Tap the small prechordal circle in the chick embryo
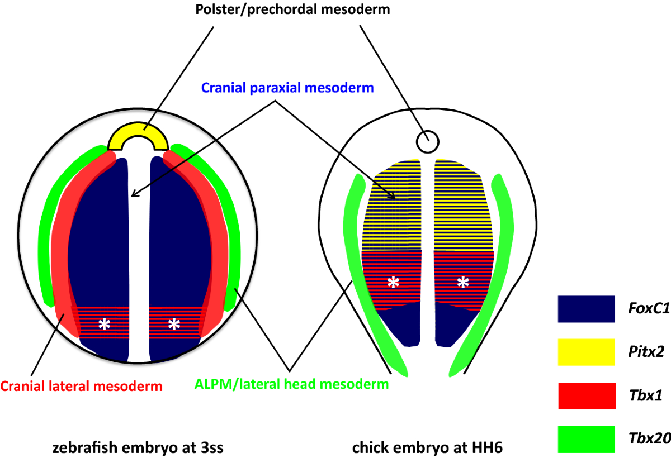tap(427, 141)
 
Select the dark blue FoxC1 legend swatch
tap(585, 309)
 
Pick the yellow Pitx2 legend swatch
tap(585, 353)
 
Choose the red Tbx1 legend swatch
tap(585, 396)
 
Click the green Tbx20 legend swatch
tap(585, 439)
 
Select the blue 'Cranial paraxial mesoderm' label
tap(287, 88)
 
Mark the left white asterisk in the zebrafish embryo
tap(104, 323)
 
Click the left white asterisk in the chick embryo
tap(394, 283)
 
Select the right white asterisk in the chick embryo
tap(463, 283)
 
